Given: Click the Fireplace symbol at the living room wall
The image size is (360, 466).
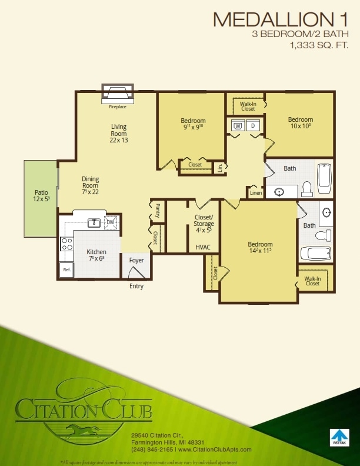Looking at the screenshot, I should click(x=118, y=93).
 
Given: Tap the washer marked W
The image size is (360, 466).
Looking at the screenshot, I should click(x=238, y=125).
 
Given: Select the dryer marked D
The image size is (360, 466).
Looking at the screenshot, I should click(x=254, y=125).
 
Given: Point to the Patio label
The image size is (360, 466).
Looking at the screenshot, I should click(x=41, y=195).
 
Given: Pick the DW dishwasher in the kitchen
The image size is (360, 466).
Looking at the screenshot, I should click(x=110, y=222).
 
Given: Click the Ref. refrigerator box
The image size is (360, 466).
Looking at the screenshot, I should click(x=66, y=270).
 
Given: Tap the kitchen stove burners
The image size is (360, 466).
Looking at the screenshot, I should click(x=67, y=243).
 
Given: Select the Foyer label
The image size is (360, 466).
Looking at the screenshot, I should click(x=136, y=260).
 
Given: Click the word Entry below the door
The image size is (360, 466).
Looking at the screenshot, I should click(x=136, y=287).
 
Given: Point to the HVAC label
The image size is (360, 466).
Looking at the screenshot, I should click(x=203, y=248).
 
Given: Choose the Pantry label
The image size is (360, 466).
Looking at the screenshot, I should click(x=158, y=210).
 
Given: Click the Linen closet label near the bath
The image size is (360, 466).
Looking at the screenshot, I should click(x=255, y=193).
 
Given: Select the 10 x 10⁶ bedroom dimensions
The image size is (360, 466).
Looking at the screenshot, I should click(x=300, y=126).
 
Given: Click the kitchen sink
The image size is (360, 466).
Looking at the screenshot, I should click(x=94, y=222).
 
